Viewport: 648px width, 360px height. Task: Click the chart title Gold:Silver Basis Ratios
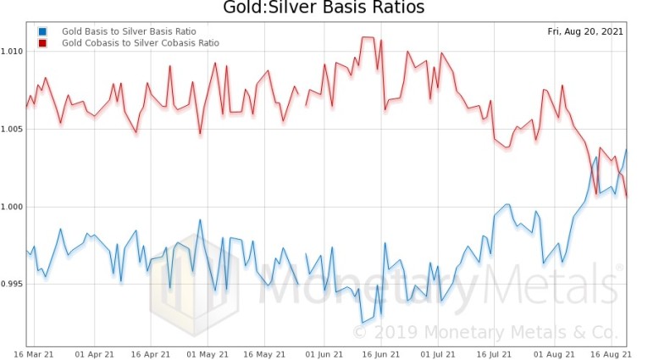tap(324, 8)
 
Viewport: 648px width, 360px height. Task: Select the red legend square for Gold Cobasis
tap(42, 42)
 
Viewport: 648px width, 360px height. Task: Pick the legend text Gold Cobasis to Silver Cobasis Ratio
tap(140, 42)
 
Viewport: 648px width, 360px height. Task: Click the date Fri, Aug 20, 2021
tap(587, 31)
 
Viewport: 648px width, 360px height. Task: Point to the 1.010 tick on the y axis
tap(13, 51)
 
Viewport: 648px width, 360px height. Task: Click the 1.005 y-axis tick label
tap(13, 129)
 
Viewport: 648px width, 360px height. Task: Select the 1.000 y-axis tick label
tap(13, 207)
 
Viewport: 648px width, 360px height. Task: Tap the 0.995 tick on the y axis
tap(13, 285)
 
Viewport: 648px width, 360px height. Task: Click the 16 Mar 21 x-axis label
tap(27, 352)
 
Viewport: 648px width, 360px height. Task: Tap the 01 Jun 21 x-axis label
tap(323, 352)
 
